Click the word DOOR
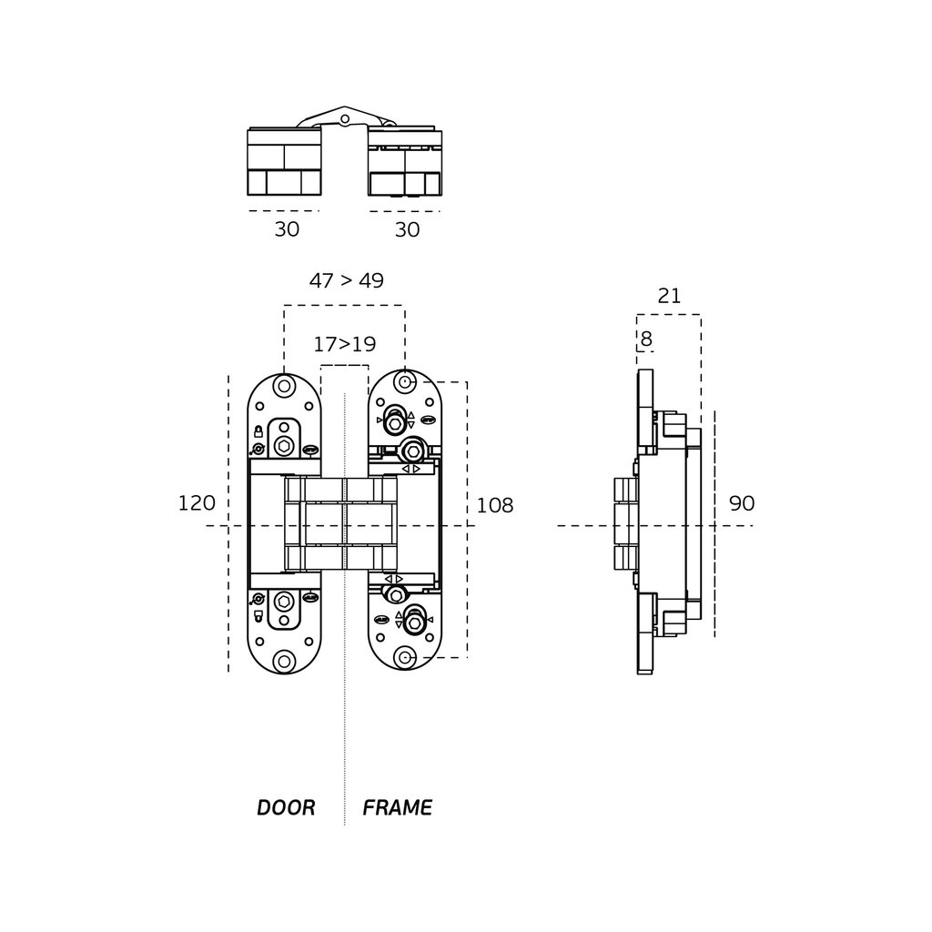click(286, 807)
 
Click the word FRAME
click(397, 807)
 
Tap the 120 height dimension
click(197, 503)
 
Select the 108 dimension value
click(495, 506)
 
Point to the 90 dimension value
click(742, 504)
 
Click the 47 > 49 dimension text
click(346, 280)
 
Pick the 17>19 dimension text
click(344, 345)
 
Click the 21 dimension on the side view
click(669, 296)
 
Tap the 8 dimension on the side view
click(646, 339)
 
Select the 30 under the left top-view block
click(287, 230)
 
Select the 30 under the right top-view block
click(407, 230)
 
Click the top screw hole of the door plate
click(285, 386)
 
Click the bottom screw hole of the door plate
click(285, 661)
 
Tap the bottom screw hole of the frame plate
click(405, 657)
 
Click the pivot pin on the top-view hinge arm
click(344, 118)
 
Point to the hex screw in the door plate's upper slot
click(285, 445)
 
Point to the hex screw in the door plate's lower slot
click(285, 602)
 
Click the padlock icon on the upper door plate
click(259, 431)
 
